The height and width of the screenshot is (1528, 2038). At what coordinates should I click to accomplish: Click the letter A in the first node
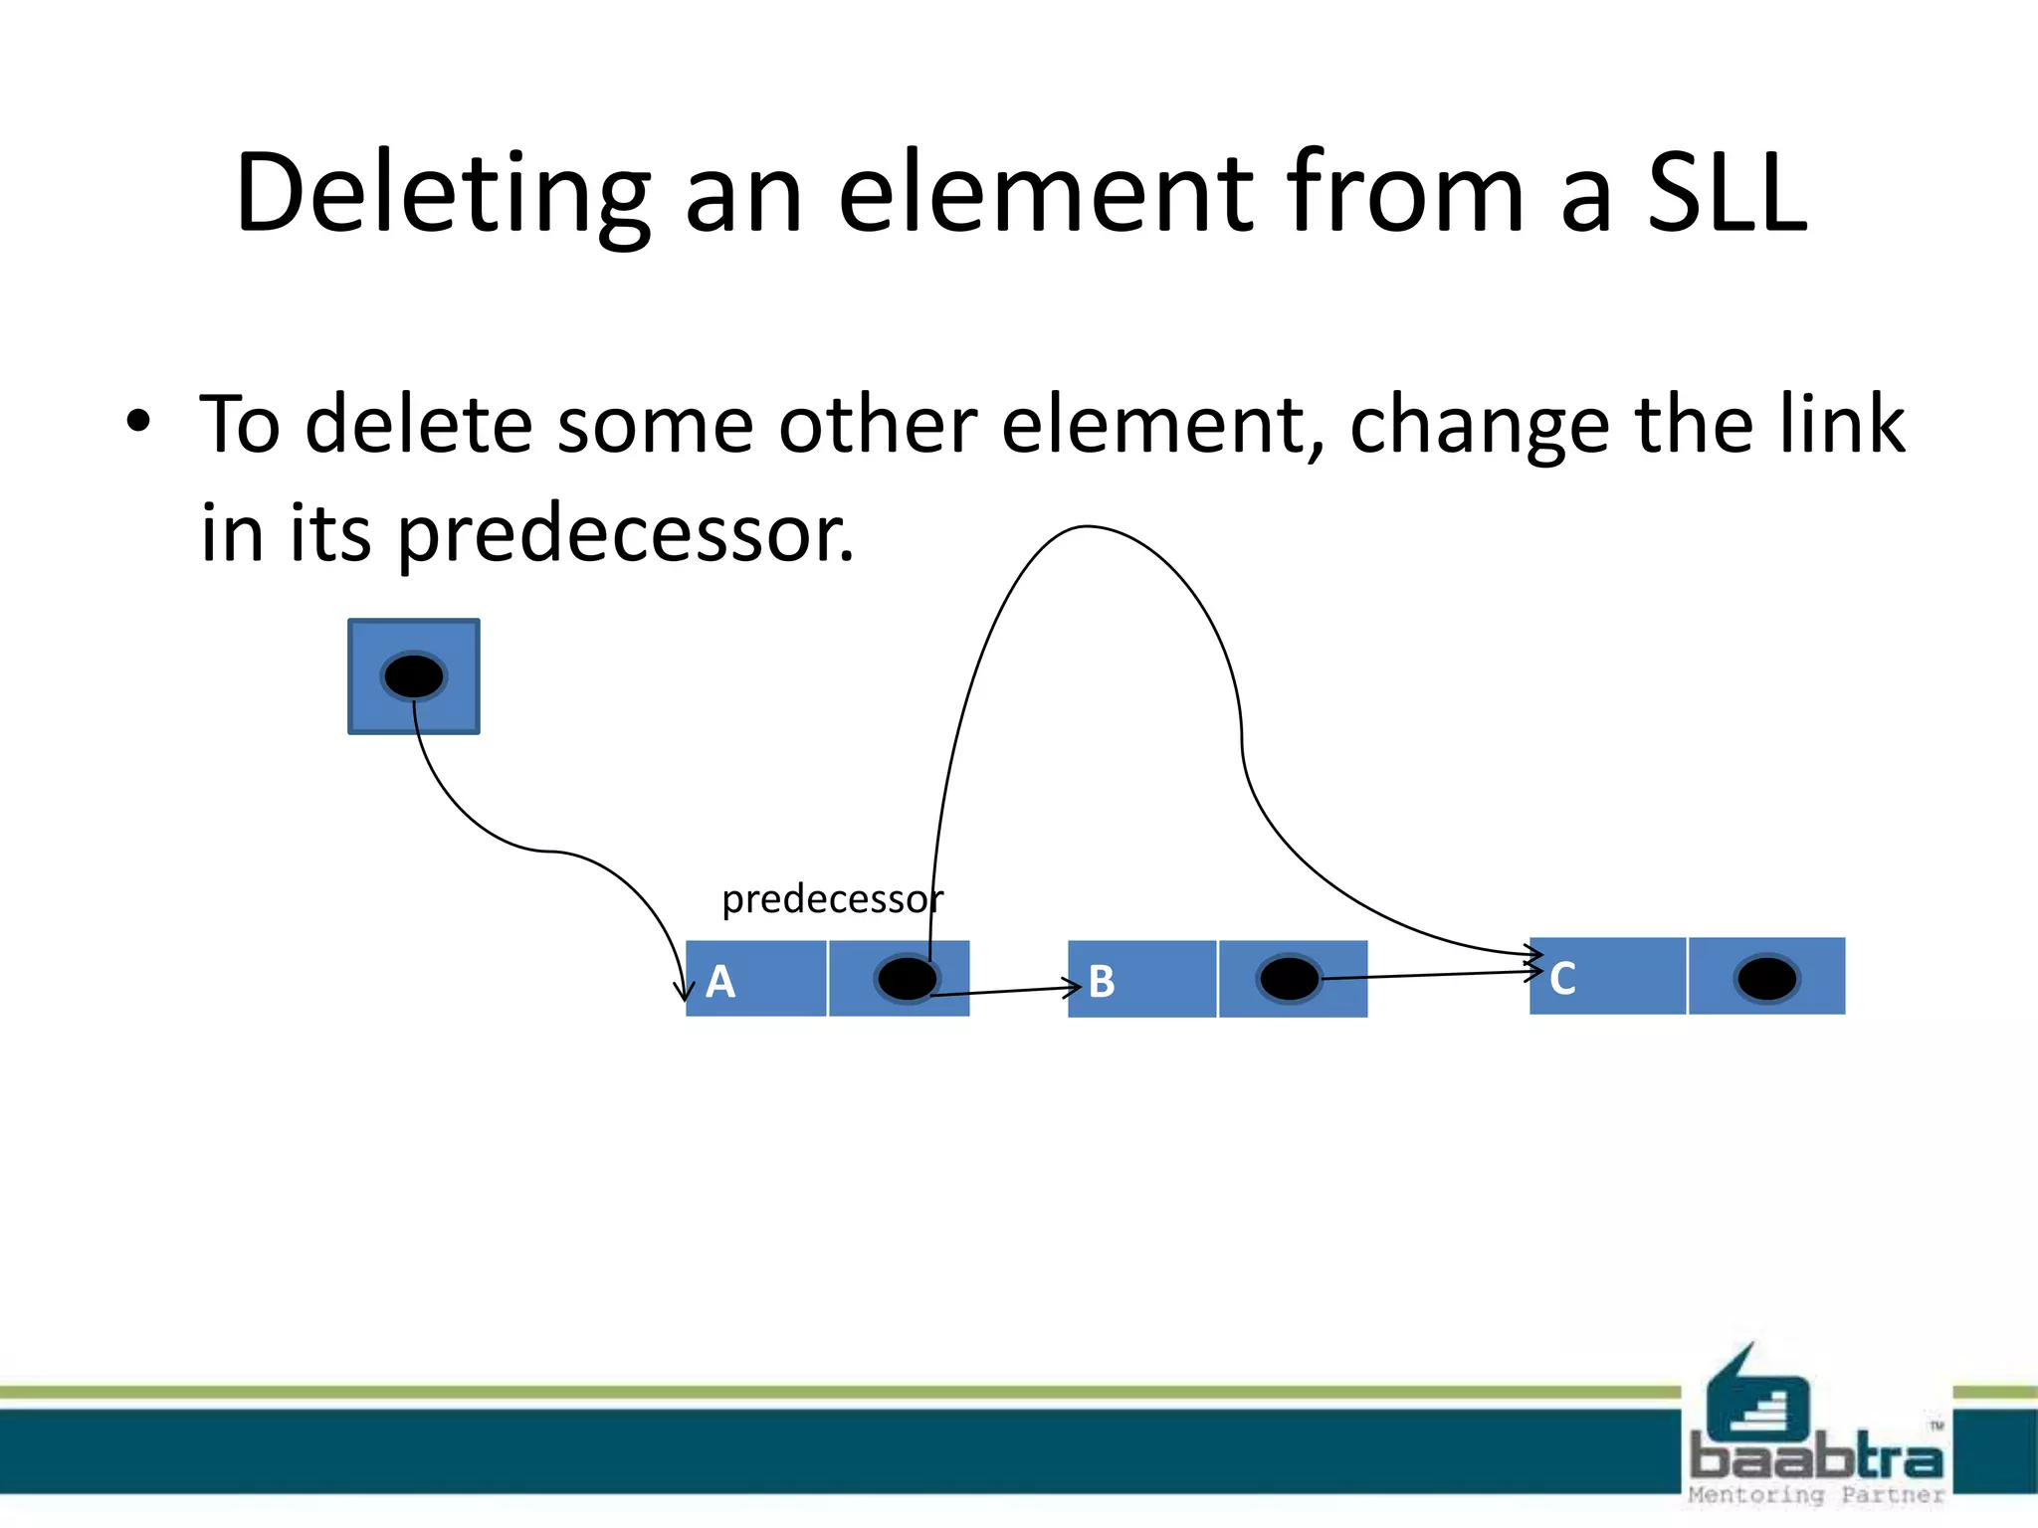[720, 982]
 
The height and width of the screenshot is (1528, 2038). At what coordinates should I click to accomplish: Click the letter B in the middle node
[1102, 982]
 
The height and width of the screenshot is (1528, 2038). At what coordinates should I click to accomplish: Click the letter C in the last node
[1562, 979]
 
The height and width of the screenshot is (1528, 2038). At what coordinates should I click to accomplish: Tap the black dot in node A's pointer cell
[907, 979]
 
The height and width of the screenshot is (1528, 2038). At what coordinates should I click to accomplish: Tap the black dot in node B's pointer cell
[1290, 979]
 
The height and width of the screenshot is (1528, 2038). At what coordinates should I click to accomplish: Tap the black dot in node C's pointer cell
[1766, 979]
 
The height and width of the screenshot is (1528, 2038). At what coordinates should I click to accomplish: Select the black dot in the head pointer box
[414, 676]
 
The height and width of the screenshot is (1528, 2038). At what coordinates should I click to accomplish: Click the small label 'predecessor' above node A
[832, 899]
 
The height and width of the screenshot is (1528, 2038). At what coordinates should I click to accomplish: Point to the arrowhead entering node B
[1074, 988]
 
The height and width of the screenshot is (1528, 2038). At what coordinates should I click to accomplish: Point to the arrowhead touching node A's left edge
[684, 991]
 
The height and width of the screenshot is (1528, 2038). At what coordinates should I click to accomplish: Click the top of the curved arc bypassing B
[1087, 527]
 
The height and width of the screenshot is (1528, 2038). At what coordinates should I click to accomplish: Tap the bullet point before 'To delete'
[138, 423]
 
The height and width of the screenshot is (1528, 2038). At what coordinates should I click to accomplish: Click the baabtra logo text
[1816, 1457]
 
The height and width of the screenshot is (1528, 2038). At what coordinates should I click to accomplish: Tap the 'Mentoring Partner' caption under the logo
[1816, 1494]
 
